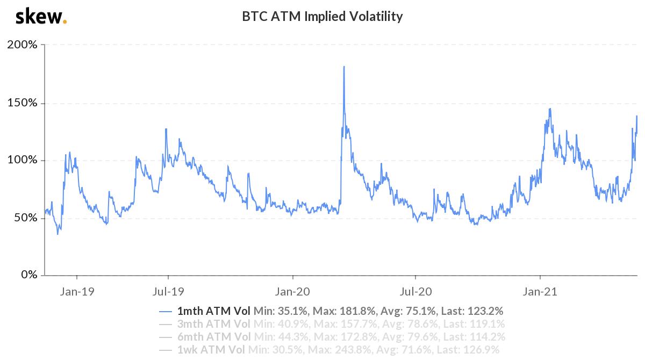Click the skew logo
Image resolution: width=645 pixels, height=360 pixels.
click(x=41, y=17)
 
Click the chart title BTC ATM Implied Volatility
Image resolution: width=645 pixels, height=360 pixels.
click(x=322, y=17)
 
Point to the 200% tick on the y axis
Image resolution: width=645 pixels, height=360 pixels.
click(x=22, y=45)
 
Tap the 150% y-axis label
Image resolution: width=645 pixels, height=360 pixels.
click(x=22, y=103)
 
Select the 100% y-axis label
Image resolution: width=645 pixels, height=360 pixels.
click(x=22, y=160)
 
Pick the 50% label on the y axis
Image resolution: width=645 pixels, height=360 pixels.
click(x=25, y=218)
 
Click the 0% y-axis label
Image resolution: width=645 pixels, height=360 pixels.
click(x=27, y=275)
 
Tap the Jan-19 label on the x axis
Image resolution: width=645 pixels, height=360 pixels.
click(x=77, y=292)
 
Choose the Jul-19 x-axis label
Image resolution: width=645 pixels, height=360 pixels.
click(x=168, y=292)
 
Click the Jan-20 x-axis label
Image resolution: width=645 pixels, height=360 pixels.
click(x=293, y=292)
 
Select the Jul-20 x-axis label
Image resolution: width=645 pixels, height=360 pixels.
click(x=415, y=292)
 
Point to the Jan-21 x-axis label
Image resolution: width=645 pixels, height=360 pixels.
click(x=540, y=292)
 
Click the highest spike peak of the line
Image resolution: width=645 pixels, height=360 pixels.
click(x=343, y=67)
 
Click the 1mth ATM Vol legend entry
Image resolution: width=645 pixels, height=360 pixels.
click(x=213, y=311)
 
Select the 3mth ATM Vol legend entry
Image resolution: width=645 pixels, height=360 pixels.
click(x=213, y=324)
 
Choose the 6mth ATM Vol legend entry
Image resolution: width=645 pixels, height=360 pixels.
click(x=213, y=337)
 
